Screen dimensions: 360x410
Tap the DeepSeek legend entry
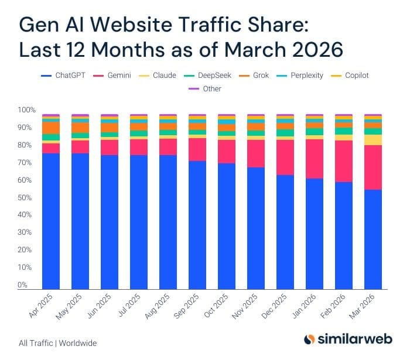(209, 76)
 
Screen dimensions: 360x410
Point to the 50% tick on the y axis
(26, 198)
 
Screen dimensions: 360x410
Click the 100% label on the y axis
(26, 110)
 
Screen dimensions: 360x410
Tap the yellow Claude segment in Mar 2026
(373, 140)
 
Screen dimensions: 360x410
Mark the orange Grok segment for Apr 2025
(51, 128)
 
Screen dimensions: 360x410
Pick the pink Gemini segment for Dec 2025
(285, 157)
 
